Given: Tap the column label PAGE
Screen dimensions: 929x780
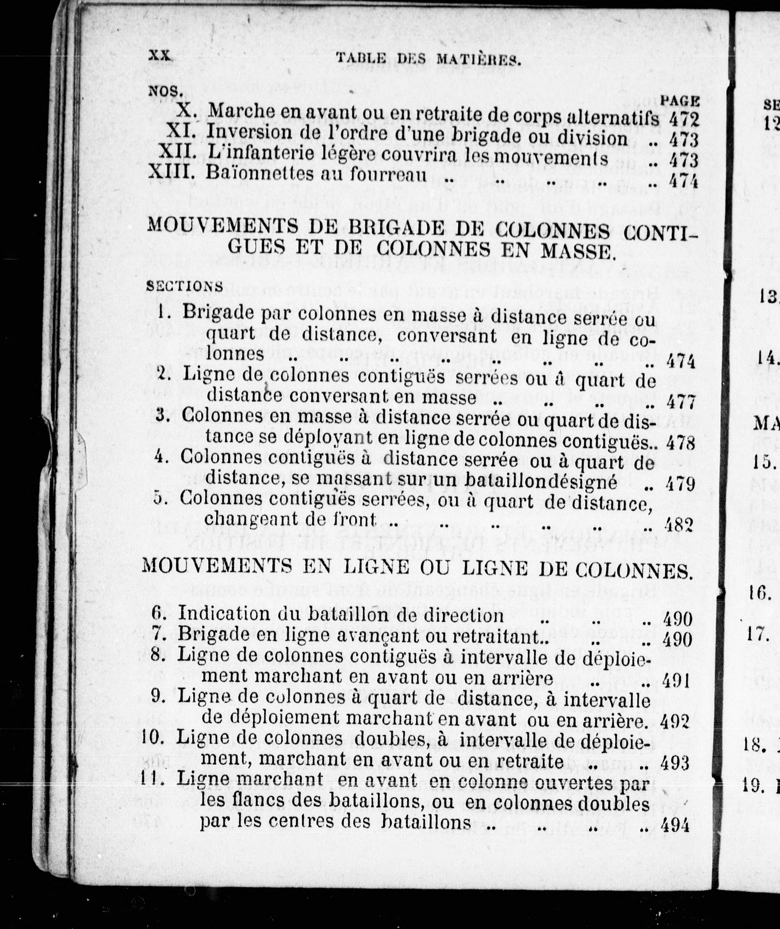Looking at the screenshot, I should click(680, 101).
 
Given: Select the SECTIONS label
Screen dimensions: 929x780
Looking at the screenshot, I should click(185, 286).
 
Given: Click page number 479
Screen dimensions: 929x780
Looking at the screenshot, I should click(679, 484).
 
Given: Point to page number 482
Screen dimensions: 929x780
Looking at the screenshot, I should click(678, 525).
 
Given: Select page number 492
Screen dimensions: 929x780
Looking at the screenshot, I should click(675, 721).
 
